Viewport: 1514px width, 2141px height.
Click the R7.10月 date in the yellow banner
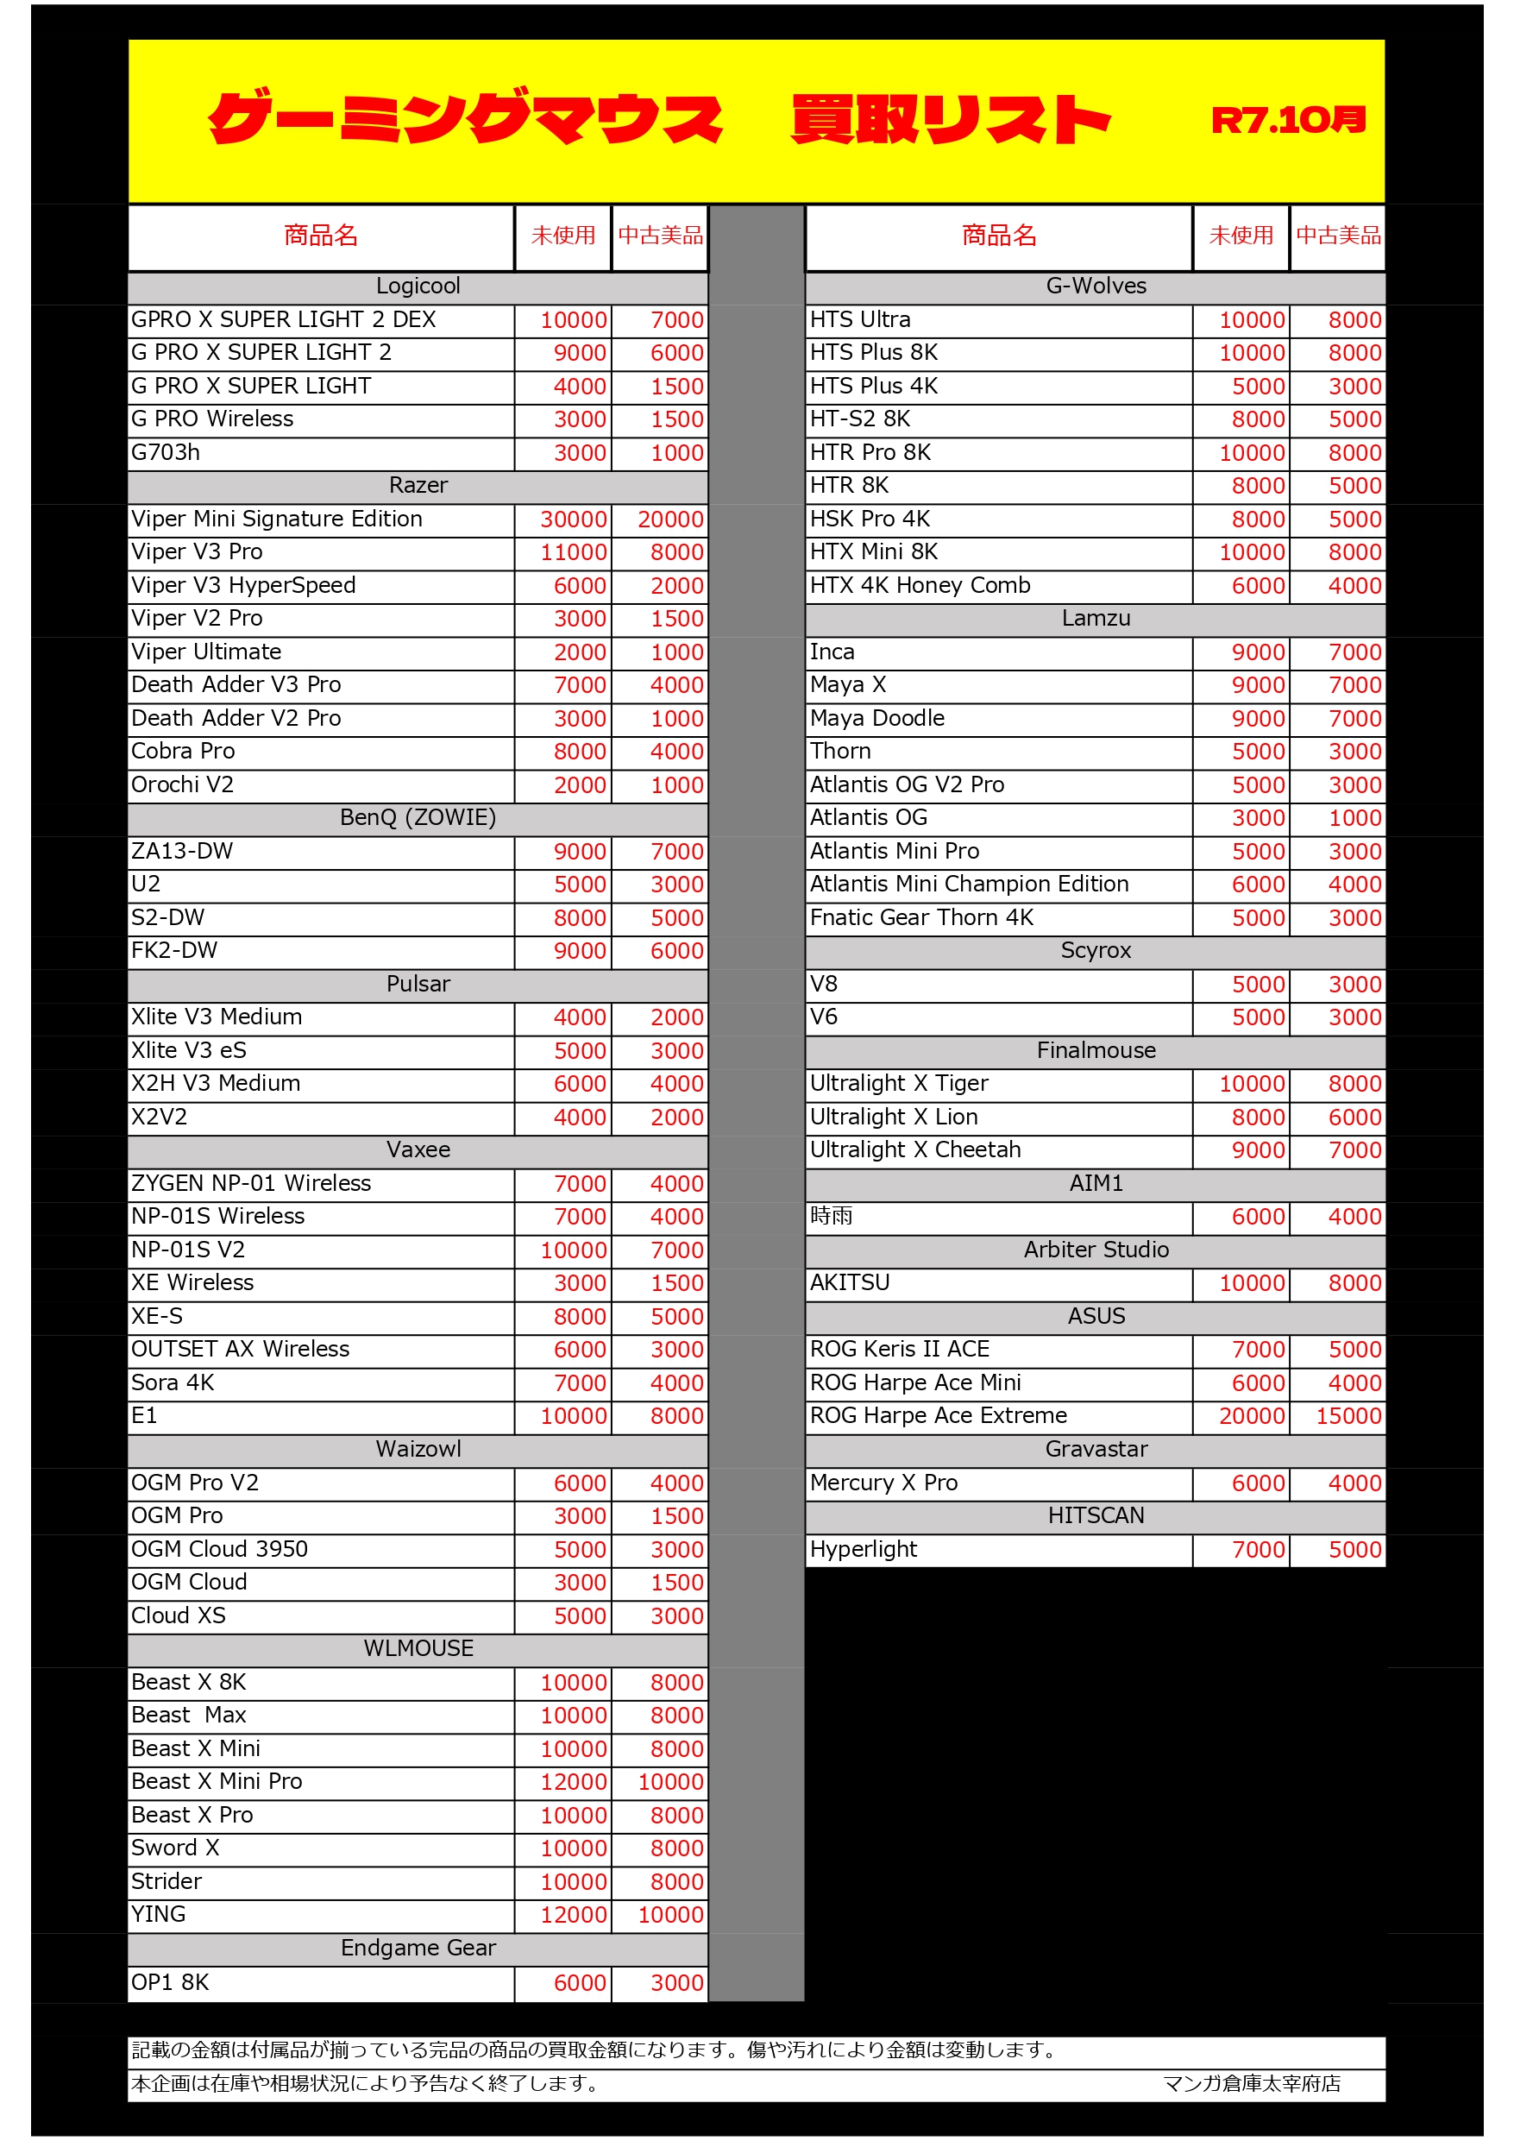(1287, 120)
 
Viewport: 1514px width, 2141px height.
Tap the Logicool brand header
(418, 287)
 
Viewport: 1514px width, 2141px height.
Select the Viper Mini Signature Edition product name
(277, 520)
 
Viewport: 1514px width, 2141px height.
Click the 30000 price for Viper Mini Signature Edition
(574, 520)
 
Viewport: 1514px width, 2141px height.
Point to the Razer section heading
(418, 486)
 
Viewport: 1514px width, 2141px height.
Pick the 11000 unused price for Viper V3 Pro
(574, 553)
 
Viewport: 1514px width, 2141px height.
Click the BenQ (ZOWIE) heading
(418, 818)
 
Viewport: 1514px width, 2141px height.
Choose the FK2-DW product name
(174, 951)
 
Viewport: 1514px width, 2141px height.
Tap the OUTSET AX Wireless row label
(241, 1350)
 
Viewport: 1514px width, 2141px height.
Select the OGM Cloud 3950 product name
(219, 1550)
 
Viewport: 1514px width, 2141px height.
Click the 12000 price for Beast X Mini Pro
(574, 1782)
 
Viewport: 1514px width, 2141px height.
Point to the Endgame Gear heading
(418, 1948)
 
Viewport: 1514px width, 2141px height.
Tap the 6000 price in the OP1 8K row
(580, 1983)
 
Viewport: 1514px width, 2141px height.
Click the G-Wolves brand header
(1096, 287)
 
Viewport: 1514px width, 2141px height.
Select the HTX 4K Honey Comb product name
(920, 586)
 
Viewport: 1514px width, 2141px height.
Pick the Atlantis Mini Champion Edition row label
(969, 884)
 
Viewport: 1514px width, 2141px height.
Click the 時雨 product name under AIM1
(831, 1217)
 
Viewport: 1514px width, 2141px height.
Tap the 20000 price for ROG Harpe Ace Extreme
(1251, 1416)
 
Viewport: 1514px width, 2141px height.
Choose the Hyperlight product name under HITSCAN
(864, 1550)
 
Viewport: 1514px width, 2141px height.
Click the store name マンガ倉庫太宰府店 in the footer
(1251, 2084)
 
